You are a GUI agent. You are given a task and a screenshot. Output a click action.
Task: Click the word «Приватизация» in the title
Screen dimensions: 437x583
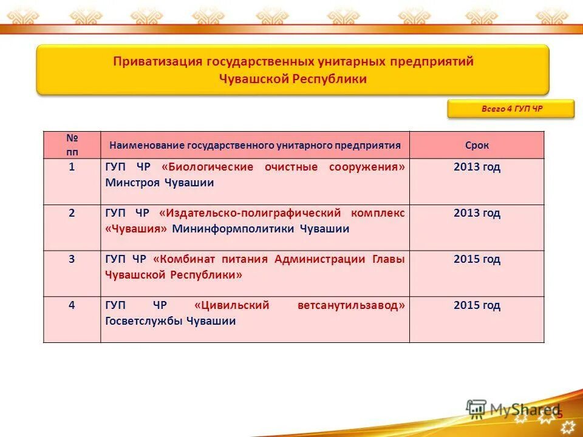(158, 62)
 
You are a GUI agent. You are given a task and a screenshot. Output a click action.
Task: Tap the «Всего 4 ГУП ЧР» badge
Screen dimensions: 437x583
(511, 109)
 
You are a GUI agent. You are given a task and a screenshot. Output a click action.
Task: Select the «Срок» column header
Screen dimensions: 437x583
(477, 145)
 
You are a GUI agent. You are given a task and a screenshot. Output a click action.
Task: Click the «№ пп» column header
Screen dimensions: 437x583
(72, 145)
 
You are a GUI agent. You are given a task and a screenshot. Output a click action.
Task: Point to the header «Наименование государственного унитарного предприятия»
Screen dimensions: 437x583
(255, 145)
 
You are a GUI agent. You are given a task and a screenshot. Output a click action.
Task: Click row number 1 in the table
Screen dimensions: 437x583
(72, 167)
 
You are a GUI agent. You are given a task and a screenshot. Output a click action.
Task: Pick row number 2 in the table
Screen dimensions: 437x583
(72, 213)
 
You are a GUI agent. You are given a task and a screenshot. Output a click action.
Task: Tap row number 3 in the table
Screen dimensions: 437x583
(72, 259)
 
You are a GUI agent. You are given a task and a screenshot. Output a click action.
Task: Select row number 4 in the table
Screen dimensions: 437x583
(72, 305)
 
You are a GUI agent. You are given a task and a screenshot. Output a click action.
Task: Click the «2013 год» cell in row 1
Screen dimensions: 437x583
(477, 167)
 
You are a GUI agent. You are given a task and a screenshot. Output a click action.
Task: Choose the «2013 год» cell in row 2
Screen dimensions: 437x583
(477, 213)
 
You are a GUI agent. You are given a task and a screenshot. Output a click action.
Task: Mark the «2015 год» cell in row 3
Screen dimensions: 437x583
(477, 259)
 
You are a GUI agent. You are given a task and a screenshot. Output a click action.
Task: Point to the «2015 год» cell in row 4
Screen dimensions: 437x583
(477, 305)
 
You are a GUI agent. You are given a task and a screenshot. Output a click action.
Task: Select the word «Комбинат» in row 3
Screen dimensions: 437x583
(179, 259)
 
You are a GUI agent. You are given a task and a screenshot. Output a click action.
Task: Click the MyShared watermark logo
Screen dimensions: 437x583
(513, 409)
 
